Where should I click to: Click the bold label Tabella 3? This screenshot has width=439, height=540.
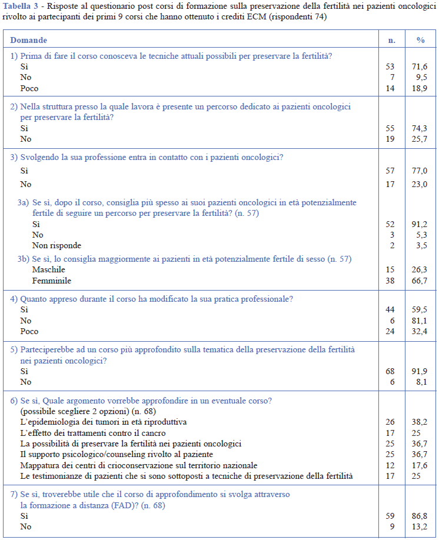19,6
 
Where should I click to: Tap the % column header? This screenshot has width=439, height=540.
421,40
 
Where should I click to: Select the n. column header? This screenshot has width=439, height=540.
391,40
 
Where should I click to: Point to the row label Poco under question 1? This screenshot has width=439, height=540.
29,88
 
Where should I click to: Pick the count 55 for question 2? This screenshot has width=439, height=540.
390,128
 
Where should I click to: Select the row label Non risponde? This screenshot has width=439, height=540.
56,245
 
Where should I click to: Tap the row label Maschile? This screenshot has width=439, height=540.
49,269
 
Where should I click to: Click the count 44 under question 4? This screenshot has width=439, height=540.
390,309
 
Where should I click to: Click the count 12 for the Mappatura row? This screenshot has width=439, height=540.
390,464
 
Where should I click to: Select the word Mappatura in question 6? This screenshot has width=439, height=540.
39,465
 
